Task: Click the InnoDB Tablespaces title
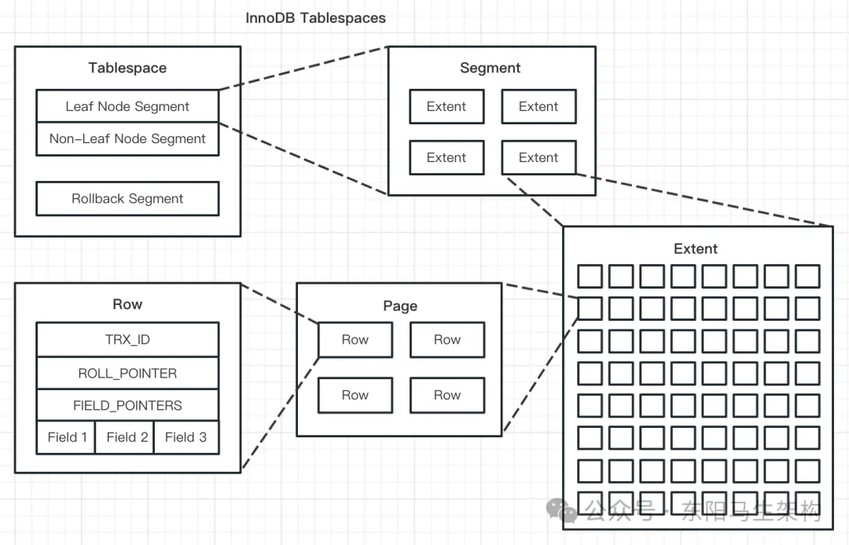point(316,18)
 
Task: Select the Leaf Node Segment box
point(128,106)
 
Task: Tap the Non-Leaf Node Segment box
point(128,139)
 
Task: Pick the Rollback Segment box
point(128,199)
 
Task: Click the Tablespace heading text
point(128,68)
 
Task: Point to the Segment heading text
point(490,68)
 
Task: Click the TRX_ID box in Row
point(128,340)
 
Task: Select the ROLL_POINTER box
point(128,374)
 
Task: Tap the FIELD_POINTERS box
point(128,405)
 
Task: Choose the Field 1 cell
point(66,437)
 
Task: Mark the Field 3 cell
point(187,437)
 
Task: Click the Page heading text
point(400,306)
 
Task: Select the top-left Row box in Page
point(355,340)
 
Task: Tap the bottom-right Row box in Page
point(447,396)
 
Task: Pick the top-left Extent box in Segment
point(447,106)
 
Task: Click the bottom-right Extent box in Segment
point(538,157)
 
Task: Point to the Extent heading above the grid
point(696,249)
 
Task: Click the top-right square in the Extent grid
point(807,276)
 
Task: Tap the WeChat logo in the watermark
point(561,510)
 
